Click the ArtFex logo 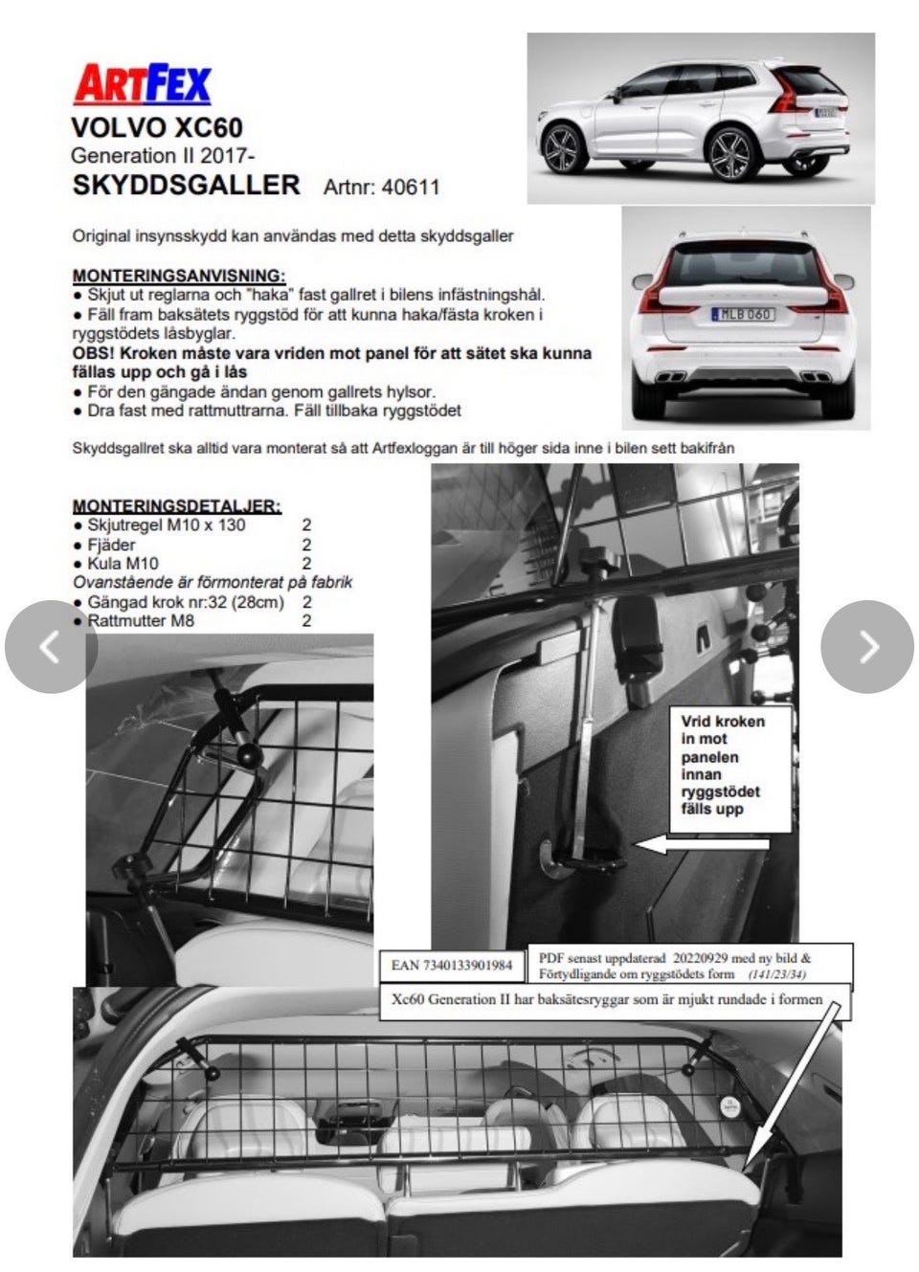tap(143, 84)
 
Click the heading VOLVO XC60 tap(157, 128)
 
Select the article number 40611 tap(411, 187)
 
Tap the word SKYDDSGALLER tap(186, 185)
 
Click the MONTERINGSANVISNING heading tap(178, 276)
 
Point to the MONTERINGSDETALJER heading tap(177, 505)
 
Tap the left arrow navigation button tap(51, 647)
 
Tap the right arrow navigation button tap(867, 647)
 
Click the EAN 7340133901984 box tap(451, 966)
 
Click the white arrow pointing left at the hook tap(704, 844)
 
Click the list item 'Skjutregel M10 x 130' tap(166, 525)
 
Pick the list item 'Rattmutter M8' tap(141, 621)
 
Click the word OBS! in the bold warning tap(97, 352)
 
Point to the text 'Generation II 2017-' tap(163, 156)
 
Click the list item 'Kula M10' tap(123, 564)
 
